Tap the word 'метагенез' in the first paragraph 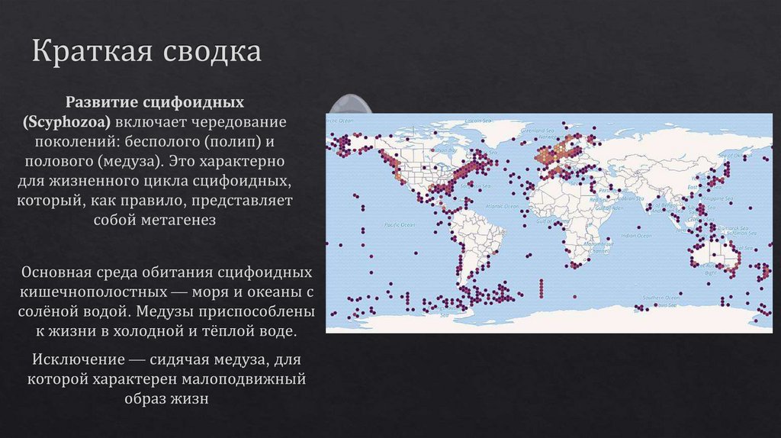(x=178, y=221)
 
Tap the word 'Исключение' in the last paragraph (x=71, y=359)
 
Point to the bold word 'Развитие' (x=99, y=101)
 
